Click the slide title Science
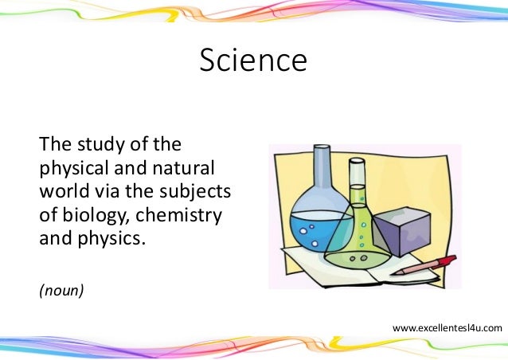(x=253, y=61)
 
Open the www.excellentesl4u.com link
(x=447, y=327)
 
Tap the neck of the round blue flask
(x=321, y=170)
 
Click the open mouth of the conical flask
(x=358, y=161)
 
